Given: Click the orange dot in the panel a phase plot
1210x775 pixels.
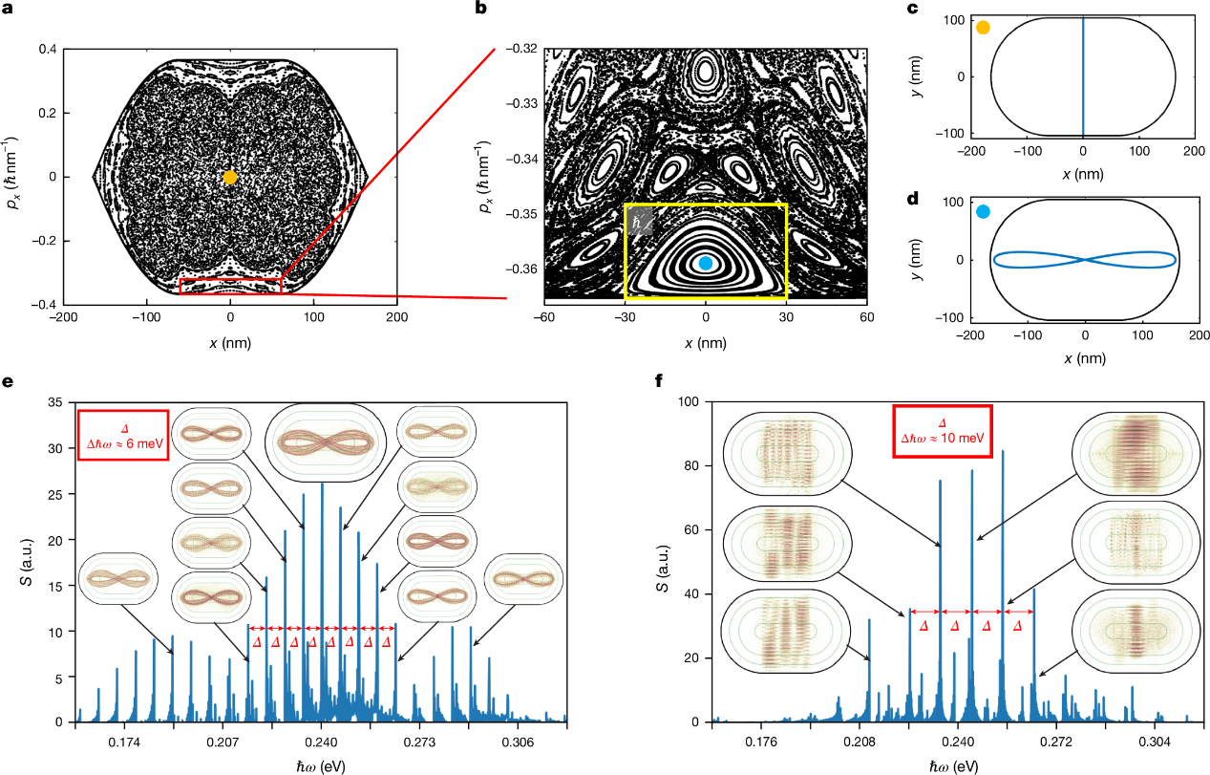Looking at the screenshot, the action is (x=230, y=178).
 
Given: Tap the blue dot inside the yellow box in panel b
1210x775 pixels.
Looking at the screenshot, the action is (x=706, y=263).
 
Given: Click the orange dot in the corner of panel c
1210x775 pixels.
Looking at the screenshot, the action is (x=983, y=28).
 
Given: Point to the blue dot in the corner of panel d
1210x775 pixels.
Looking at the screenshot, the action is (x=983, y=212).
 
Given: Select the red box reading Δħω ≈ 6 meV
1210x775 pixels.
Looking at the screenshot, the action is (x=123, y=436).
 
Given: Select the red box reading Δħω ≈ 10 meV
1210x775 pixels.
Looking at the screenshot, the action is (x=942, y=431).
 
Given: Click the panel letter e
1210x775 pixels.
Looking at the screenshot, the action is (x=8, y=381).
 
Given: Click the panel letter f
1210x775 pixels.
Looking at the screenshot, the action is (x=658, y=381).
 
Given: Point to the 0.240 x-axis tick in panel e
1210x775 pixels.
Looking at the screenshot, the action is (x=322, y=743).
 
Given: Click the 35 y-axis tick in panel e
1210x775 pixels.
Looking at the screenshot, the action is (x=55, y=402).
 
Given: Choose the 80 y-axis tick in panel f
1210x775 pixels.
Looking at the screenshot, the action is (x=691, y=466).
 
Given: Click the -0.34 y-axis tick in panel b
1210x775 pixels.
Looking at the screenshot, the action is (x=521, y=159).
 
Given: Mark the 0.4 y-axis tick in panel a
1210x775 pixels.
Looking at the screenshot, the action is (x=47, y=49).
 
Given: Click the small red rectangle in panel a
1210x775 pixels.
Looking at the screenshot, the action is (x=231, y=287).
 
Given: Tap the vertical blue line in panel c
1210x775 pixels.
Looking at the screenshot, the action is (x=1083, y=76).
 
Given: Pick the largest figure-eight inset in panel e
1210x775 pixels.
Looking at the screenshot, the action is (x=326, y=442).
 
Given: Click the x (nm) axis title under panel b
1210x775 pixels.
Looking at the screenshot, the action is (x=706, y=343).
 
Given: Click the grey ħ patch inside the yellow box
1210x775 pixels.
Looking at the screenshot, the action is (x=640, y=223).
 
